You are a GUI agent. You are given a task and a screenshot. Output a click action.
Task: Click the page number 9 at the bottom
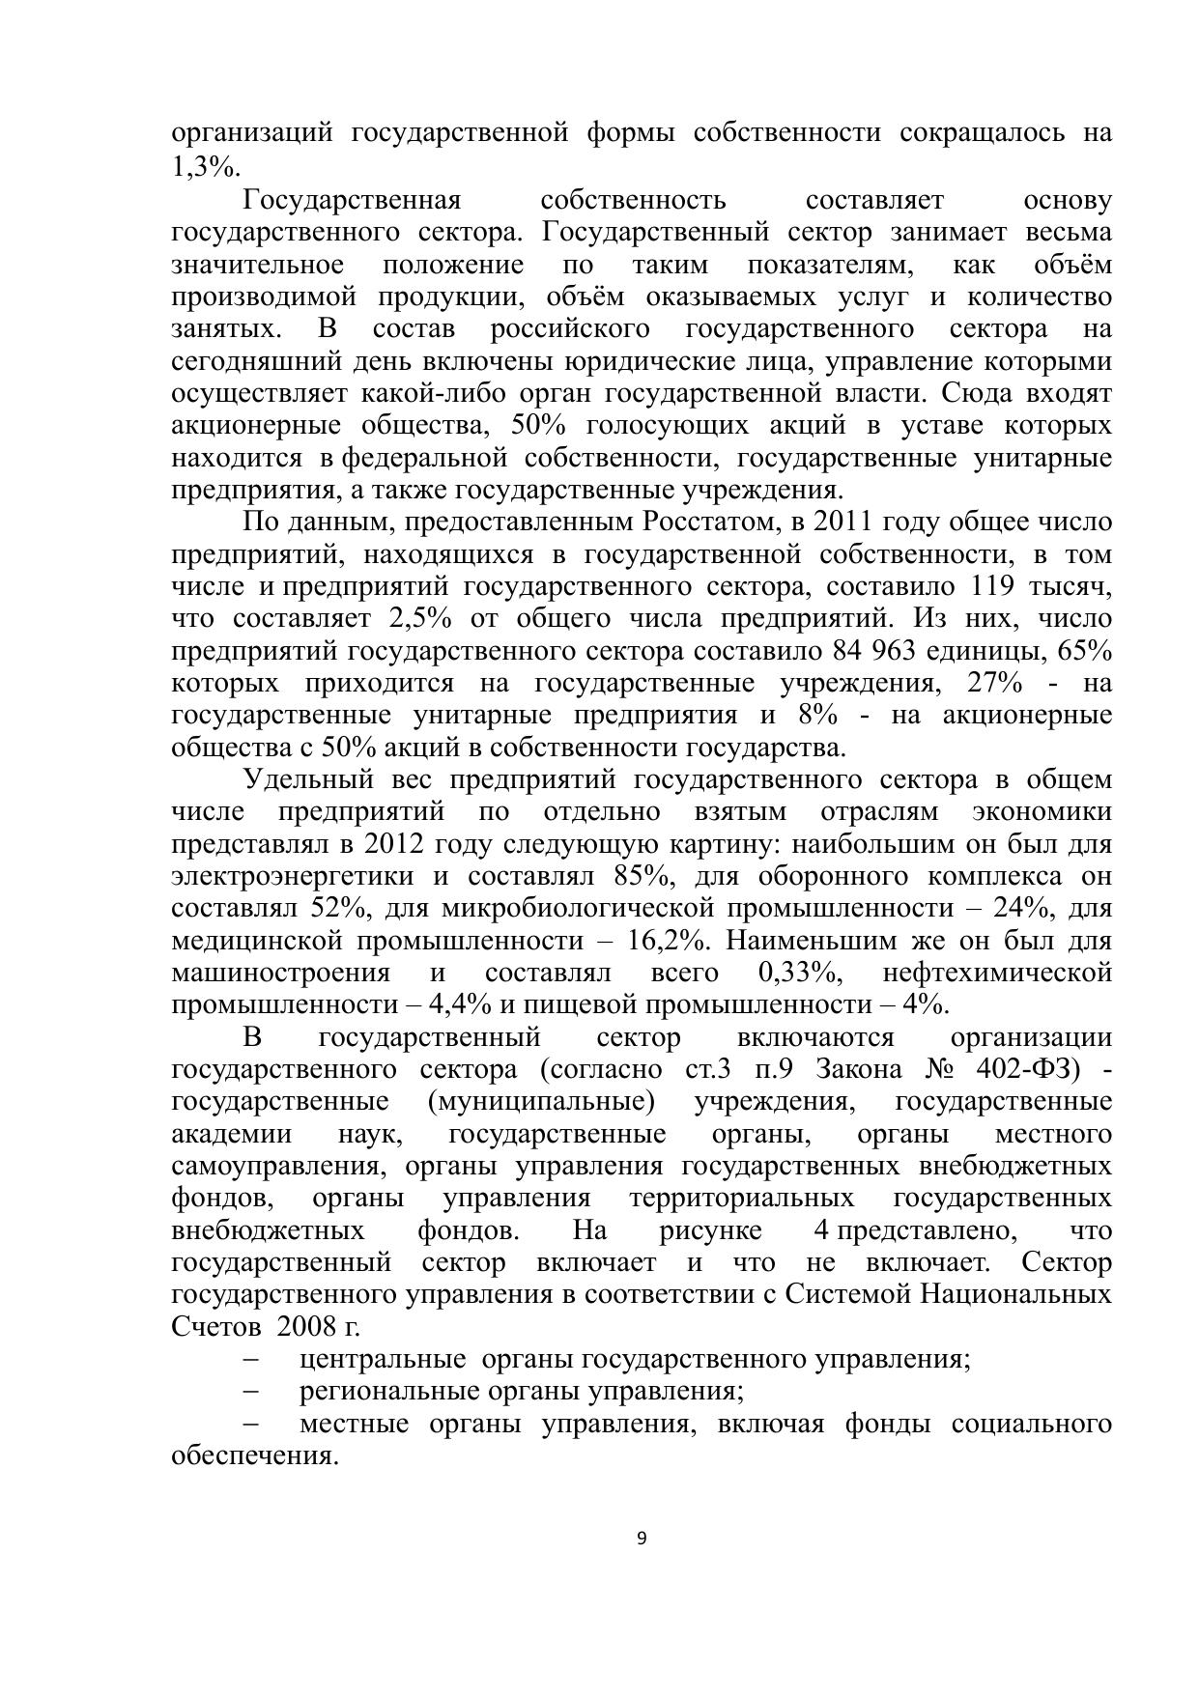(x=642, y=1540)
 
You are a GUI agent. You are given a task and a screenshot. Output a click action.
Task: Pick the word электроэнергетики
(x=293, y=877)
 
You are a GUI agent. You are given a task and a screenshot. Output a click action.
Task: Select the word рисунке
(x=710, y=1230)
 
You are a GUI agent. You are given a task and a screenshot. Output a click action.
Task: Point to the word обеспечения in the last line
(x=253, y=1455)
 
